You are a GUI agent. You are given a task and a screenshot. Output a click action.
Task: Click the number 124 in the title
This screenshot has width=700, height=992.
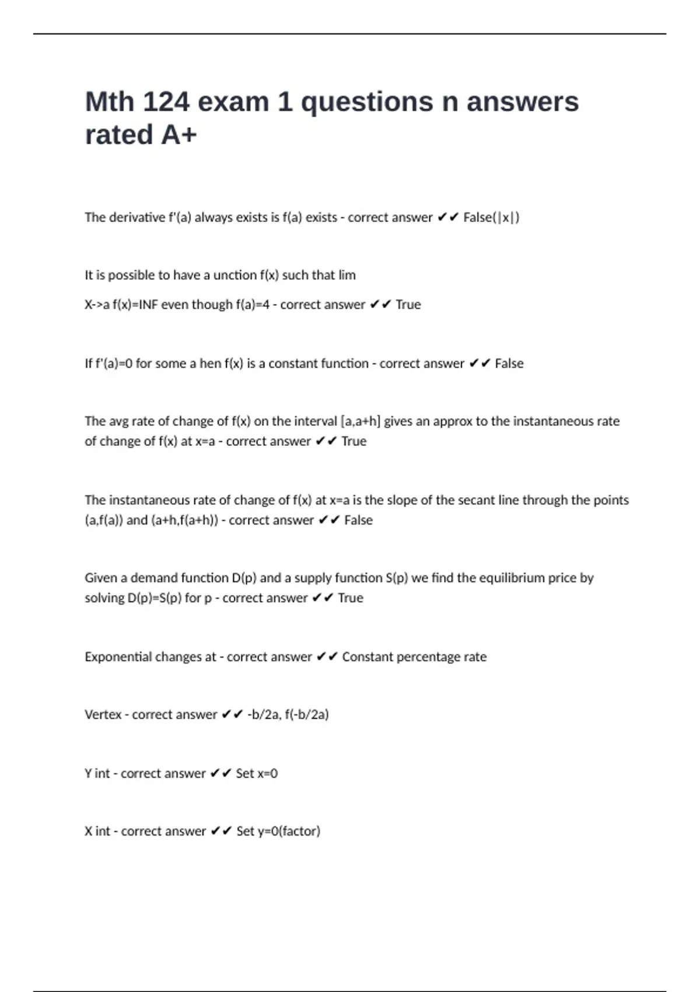166,102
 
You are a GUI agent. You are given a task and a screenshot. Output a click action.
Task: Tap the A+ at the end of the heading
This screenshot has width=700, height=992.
179,135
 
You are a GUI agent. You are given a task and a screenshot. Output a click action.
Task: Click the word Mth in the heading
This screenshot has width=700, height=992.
110,102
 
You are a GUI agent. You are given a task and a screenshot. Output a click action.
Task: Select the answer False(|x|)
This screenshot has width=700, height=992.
491,218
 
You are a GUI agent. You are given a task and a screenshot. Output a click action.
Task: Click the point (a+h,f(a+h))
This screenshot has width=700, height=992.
184,520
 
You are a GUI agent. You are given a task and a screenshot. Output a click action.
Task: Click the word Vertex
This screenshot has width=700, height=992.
103,715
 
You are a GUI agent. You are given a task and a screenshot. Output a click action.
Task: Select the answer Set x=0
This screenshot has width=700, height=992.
257,774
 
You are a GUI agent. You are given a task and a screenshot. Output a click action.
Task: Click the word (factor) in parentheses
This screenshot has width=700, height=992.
299,832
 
